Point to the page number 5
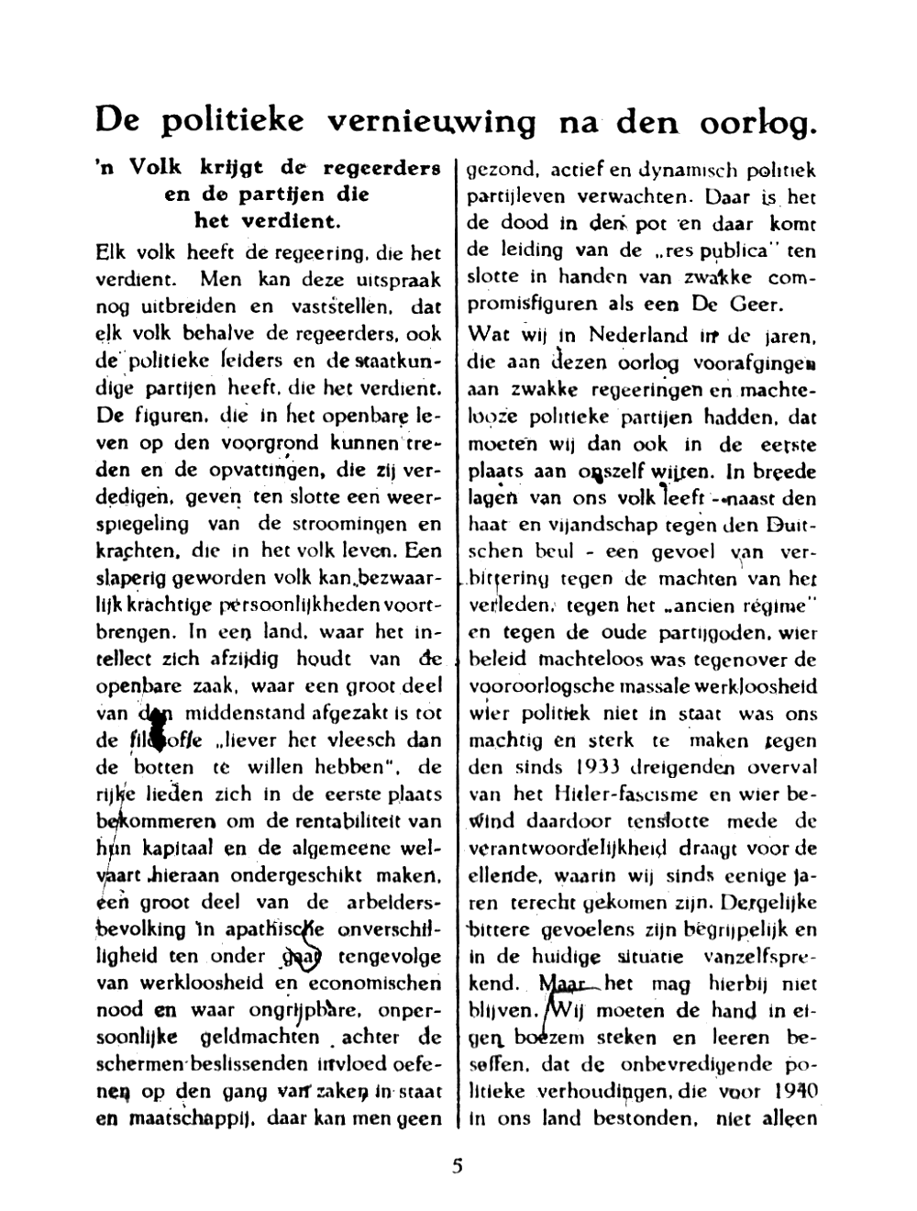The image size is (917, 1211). (x=458, y=1166)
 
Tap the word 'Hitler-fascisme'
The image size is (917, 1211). (x=615, y=794)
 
